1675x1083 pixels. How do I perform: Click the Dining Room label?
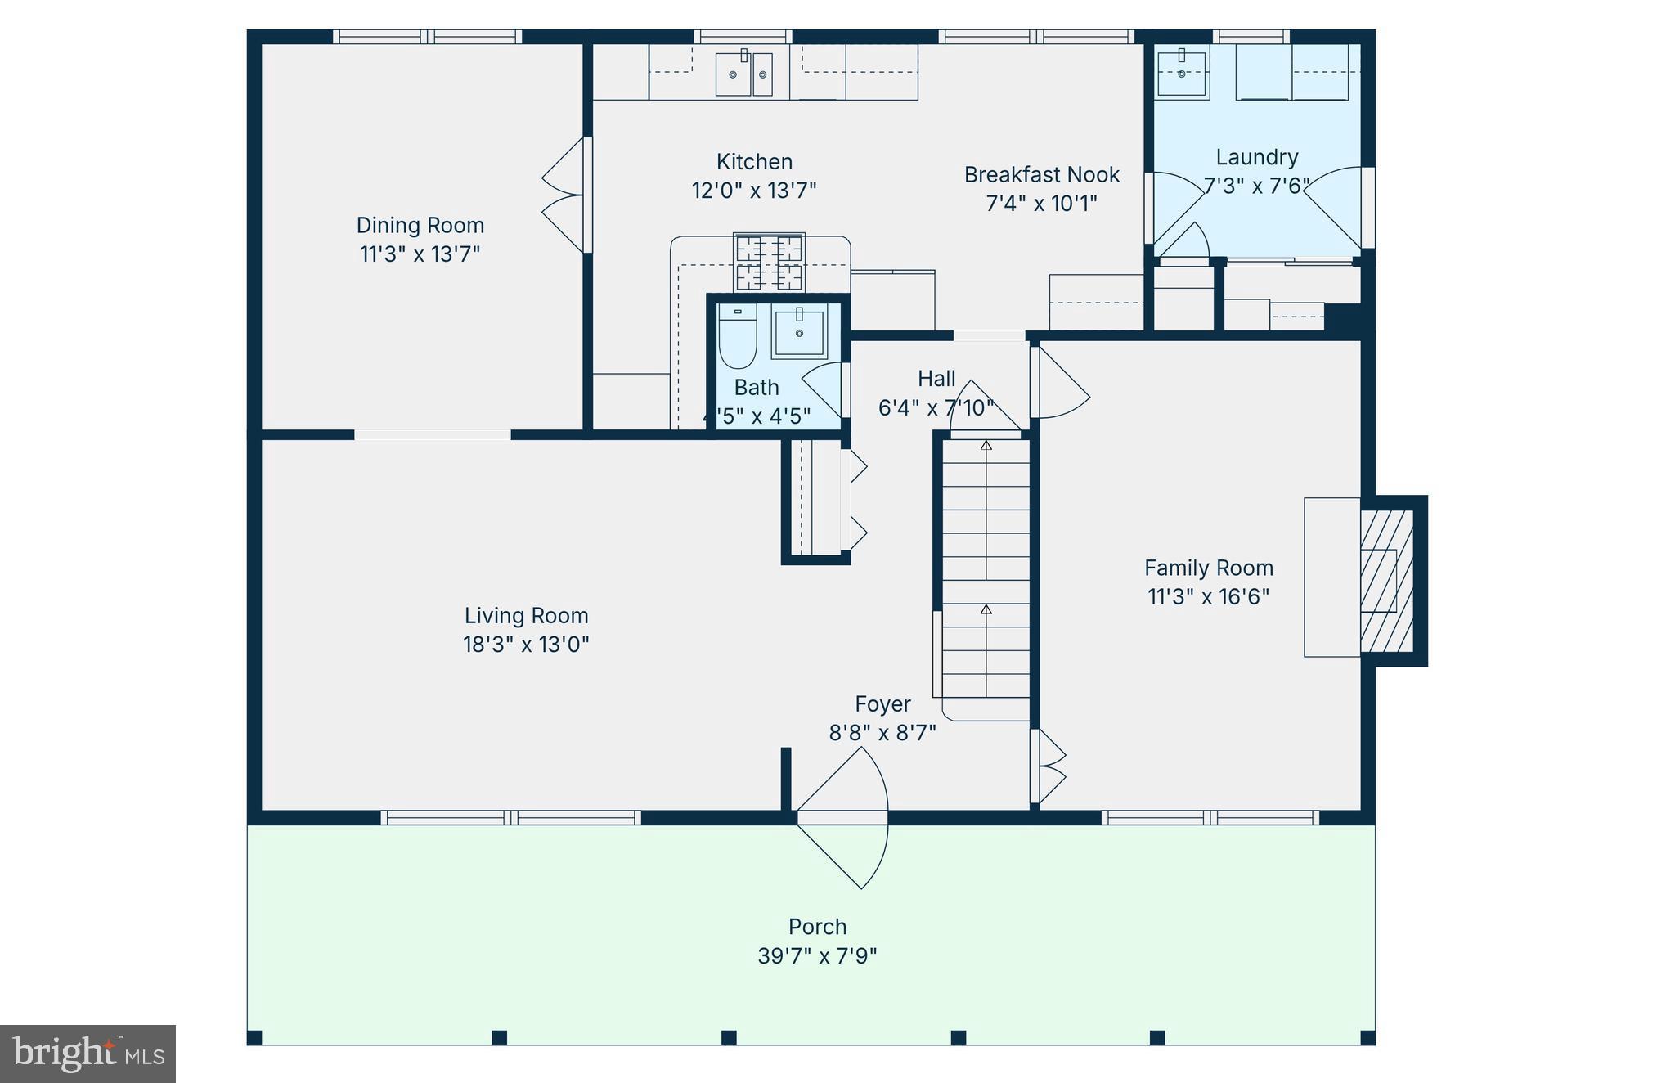pos(420,225)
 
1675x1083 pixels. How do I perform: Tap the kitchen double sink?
pos(743,74)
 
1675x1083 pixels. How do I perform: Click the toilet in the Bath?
pos(737,337)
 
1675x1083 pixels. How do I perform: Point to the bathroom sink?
pos(798,332)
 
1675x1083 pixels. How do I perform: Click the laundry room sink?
pos(1181,73)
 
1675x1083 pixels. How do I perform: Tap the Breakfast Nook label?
pos(1041,174)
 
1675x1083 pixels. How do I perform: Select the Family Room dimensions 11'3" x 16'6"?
pos(1208,596)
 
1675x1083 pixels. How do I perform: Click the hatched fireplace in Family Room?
pos(1386,581)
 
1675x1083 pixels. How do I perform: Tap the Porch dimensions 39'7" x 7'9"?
pos(817,955)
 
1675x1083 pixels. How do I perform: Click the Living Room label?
pos(526,615)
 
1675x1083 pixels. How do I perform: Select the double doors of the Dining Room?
pos(564,195)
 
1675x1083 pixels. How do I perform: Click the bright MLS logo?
pos(88,1054)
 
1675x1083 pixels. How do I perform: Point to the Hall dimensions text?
pos(936,407)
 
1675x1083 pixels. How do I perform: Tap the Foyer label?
pos(882,703)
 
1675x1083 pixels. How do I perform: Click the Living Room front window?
pos(510,817)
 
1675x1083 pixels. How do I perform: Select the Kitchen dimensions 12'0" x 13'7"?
pos(753,190)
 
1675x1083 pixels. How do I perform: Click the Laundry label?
pos(1256,157)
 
